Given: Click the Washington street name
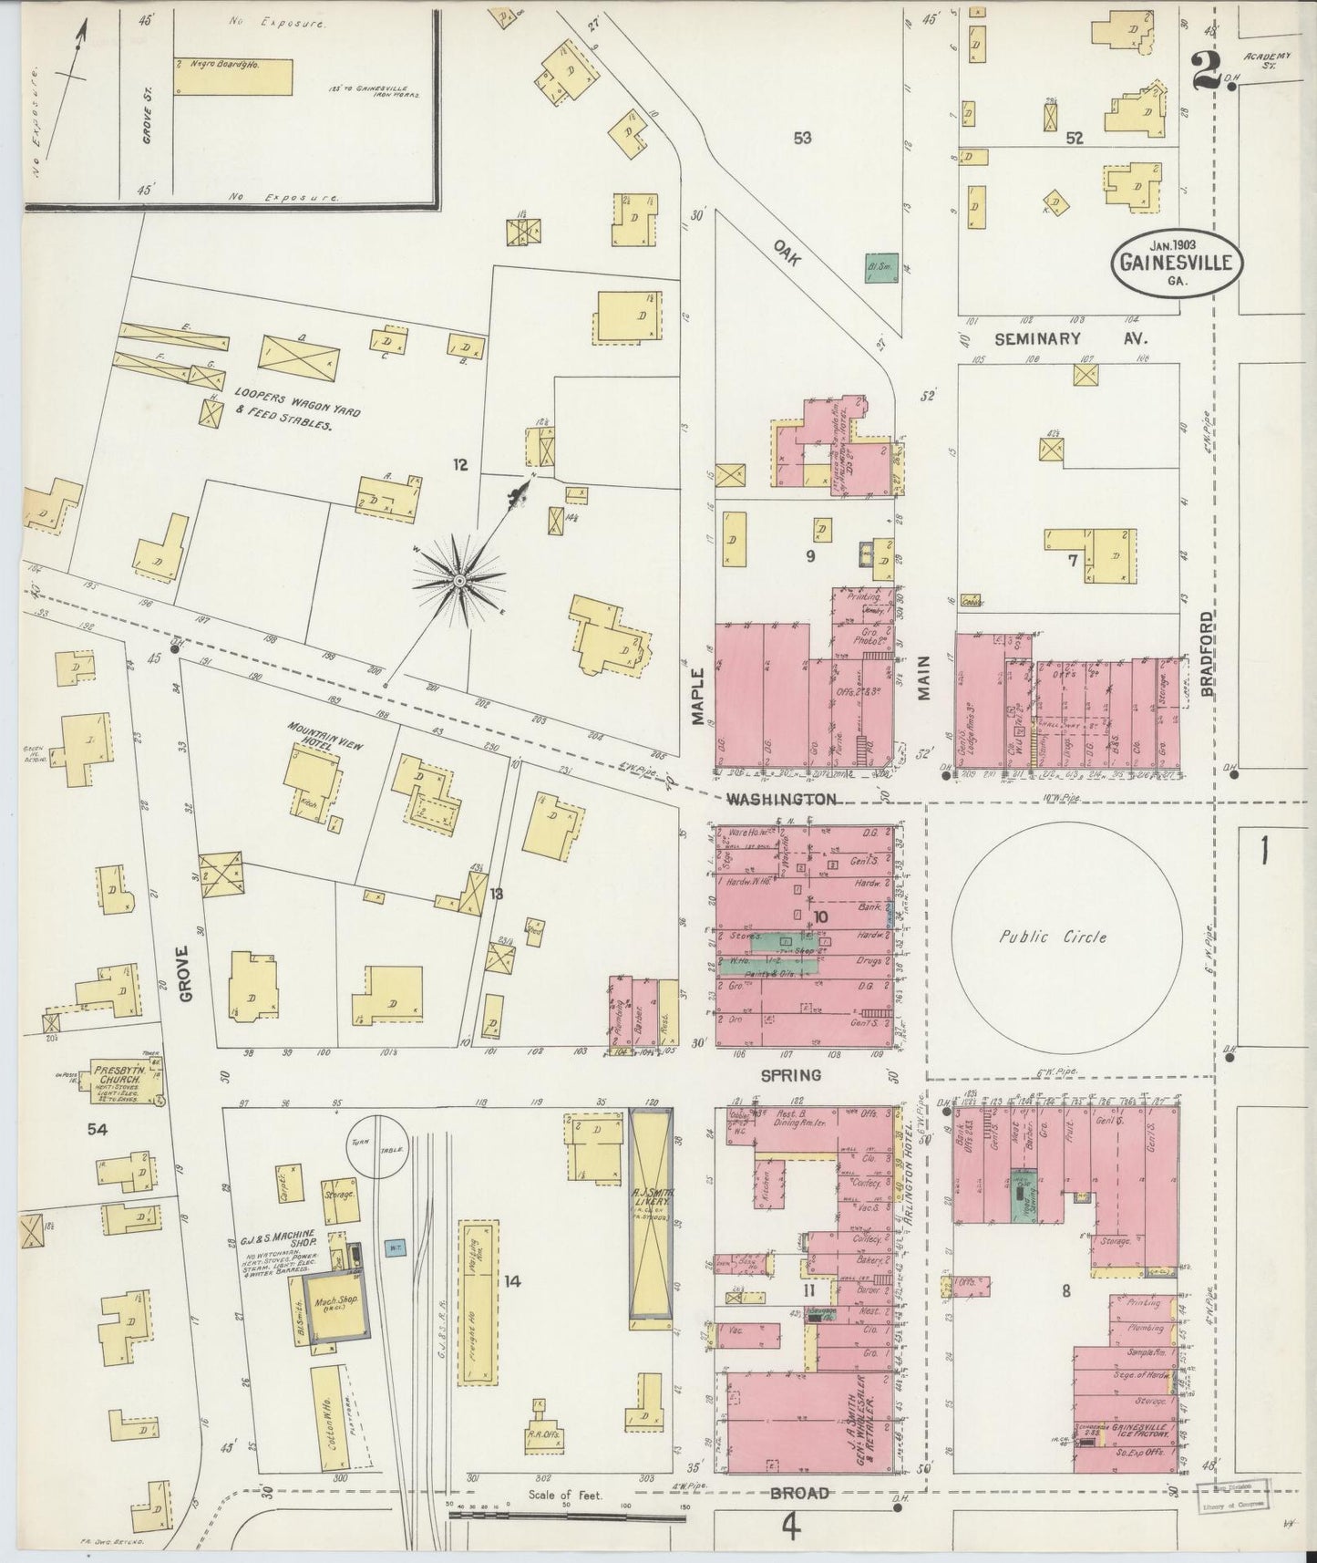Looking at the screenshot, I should pos(782,799).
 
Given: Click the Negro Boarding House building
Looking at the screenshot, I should pos(233,77).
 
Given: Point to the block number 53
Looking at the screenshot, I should pos(802,139).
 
